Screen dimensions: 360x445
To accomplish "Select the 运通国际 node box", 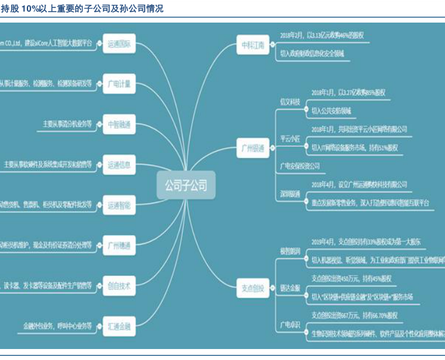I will pos(119,44).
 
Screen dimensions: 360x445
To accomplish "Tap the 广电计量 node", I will pos(119,84).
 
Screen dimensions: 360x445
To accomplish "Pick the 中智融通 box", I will pos(119,124).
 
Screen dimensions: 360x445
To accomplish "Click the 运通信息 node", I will pos(119,165).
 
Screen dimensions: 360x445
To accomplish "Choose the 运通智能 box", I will pos(119,205).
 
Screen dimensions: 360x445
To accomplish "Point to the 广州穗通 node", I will pos(119,245).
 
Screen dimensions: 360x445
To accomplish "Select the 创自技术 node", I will pos(119,286).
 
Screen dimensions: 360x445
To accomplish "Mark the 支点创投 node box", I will pos(252,289).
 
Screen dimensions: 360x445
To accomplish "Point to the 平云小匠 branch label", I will pos(290,139).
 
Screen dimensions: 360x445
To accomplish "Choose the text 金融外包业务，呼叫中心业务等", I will pos(58,326).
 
